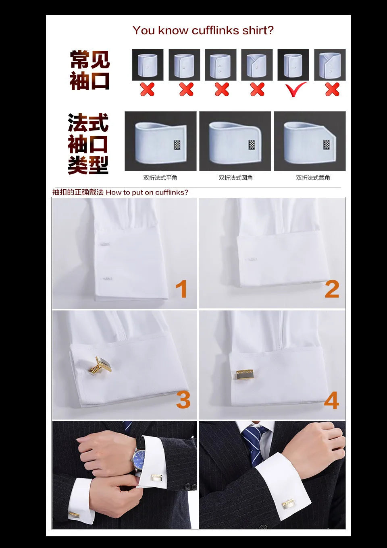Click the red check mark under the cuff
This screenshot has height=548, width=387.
[296, 89]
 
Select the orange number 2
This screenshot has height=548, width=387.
[332, 289]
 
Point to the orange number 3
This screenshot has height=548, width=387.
[183, 400]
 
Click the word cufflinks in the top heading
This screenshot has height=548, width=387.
[216, 31]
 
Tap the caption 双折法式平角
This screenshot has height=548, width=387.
[160, 178]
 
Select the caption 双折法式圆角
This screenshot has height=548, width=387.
[235, 178]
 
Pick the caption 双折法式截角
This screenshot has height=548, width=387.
[313, 178]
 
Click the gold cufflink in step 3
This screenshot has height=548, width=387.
[101, 366]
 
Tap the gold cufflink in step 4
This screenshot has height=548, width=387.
[246, 374]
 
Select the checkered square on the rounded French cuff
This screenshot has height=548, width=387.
[252, 145]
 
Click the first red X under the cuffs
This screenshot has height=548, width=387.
[147, 89]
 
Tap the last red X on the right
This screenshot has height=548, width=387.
[332, 89]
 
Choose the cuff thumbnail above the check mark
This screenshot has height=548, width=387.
[293, 65]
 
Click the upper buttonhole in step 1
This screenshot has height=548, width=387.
[105, 244]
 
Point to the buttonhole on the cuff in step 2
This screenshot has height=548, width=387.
[252, 259]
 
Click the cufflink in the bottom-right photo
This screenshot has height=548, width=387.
[288, 504]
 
